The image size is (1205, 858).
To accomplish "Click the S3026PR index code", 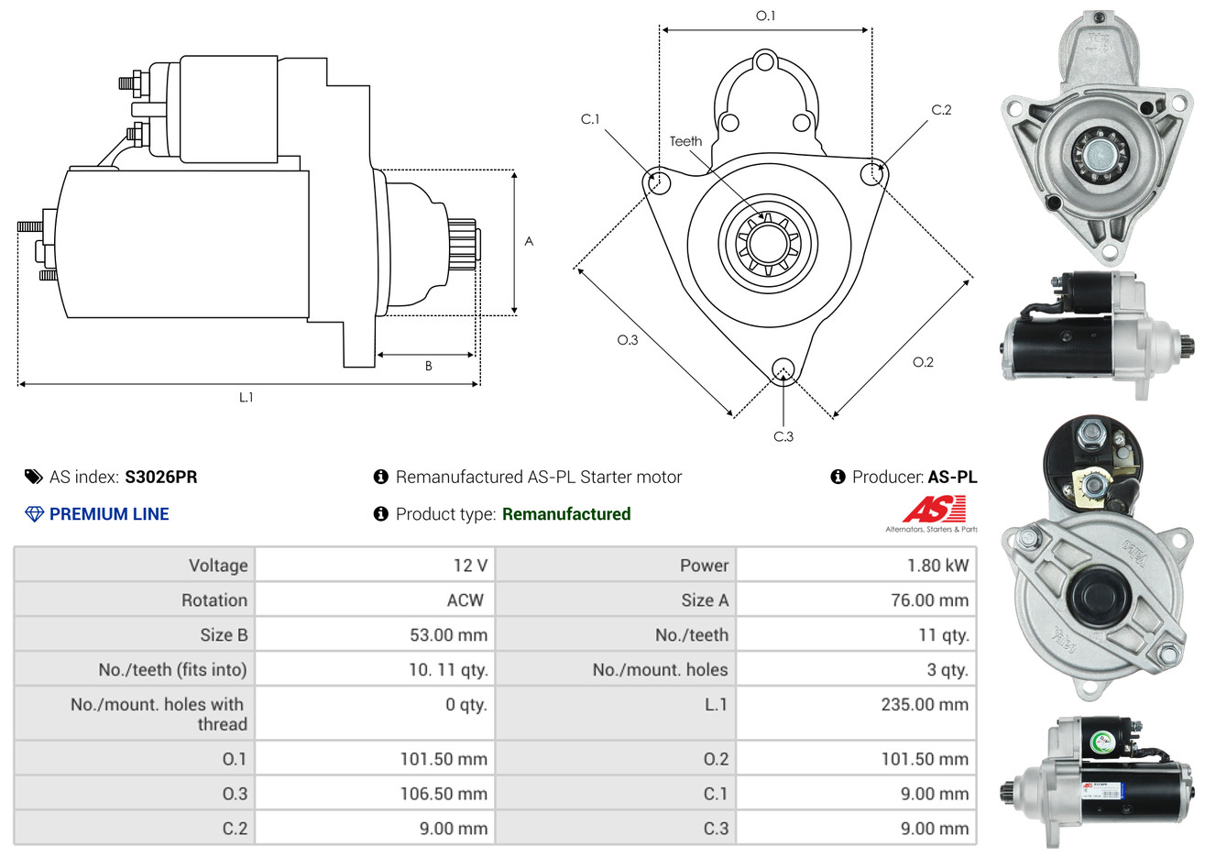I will pyautogui.click(x=160, y=477).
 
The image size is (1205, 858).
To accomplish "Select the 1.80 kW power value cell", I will pyautogui.click(x=937, y=566).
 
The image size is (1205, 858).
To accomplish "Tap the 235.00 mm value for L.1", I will pyautogui.click(x=924, y=705).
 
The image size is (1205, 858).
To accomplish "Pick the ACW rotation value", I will pyautogui.click(x=465, y=600).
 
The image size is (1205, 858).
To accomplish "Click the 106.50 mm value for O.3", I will pyautogui.click(x=444, y=794).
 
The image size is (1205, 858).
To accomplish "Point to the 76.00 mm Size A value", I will pyautogui.click(x=929, y=600).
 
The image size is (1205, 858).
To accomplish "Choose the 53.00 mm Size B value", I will pyautogui.click(x=448, y=635).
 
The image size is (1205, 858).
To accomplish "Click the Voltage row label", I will pyautogui.click(x=218, y=566).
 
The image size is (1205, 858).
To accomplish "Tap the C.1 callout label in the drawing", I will pyautogui.click(x=590, y=119).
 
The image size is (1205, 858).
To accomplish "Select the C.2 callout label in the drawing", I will pyautogui.click(x=941, y=110).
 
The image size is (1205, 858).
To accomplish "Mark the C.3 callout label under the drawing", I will pyautogui.click(x=783, y=436).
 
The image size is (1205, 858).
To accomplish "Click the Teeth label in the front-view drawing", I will pyautogui.click(x=685, y=141).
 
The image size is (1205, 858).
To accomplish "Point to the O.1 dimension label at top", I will pyautogui.click(x=765, y=16).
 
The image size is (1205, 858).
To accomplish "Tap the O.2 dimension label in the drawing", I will pyautogui.click(x=923, y=362).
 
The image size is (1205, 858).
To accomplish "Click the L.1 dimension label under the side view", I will pyautogui.click(x=246, y=397).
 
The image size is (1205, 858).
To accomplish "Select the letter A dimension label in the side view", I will pyautogui.click(x=529, y=241).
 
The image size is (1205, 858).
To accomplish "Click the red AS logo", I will pyautogui.click(x=934, y=509).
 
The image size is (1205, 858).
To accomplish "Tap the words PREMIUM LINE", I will pyautogui.click(x=109, y=514).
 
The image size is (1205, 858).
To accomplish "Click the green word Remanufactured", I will pyautogui.click(x=566, y=514).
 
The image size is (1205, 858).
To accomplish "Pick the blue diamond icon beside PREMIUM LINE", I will pyautogui.click(x=34, y=514).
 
